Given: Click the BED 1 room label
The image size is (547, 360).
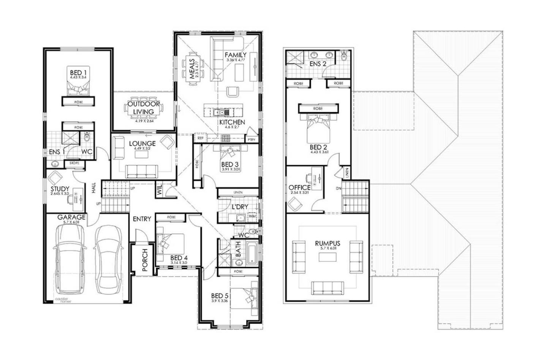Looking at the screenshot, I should (x=78, y=72).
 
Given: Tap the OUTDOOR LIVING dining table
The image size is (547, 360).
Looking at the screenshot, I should (x=144, y=108).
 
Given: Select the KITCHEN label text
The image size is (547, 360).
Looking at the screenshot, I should (x=232, y=122).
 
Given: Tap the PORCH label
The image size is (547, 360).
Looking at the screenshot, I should (x=145, y=260).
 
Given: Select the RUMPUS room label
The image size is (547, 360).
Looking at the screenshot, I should (x=327, y=243).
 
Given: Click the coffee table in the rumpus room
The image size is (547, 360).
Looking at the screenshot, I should (x=327, y=257).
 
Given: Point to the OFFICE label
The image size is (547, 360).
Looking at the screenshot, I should (x=299, y=187).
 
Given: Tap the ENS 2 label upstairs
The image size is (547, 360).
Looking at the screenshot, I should (x=318, y=64).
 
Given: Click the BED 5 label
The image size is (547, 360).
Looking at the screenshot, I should (x=220, y=295).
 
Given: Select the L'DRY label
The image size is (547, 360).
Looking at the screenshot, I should (x=240, y=207).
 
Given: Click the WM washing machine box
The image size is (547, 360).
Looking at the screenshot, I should (x=252, y=216).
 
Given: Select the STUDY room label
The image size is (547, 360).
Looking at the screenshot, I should (x=60, y=189).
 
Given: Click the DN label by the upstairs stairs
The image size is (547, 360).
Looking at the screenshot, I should (x=338, y=189).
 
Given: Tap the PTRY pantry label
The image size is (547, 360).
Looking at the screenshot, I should (x=251, y=140).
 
